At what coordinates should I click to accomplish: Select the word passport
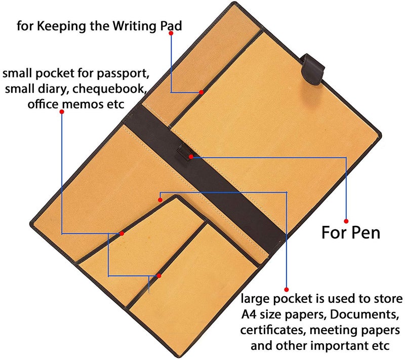point(126,74)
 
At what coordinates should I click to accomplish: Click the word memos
point(83,104)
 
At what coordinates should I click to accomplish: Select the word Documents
point(364,315)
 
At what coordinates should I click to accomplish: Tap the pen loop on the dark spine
point(184,152)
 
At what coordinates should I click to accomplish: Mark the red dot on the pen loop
point(191,157)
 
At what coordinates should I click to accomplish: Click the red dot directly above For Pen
point(346,221)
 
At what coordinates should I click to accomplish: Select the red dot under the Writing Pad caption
point(171,33)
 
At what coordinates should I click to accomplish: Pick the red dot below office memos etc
point(62,111)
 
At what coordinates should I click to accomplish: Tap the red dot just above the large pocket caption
point(287,290)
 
